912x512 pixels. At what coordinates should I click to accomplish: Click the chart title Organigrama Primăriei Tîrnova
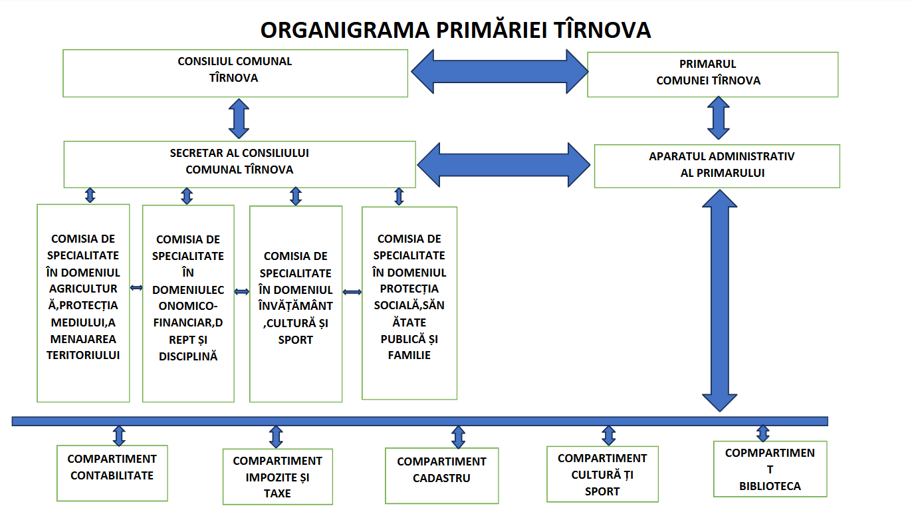[455, 31]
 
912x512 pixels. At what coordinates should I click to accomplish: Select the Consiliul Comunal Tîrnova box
[235, 73]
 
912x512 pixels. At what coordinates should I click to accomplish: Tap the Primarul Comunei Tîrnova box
[713, 74]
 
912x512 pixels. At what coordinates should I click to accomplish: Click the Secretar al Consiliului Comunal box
[239, 164]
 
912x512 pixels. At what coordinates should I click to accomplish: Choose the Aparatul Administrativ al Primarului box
[717, 166]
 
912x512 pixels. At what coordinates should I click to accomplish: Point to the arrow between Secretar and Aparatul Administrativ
[504, 164]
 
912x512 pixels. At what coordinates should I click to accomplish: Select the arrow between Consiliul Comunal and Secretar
[239, 118]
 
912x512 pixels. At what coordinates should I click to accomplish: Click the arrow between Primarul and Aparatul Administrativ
[718, 117]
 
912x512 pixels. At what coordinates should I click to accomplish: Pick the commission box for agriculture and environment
[83, 303]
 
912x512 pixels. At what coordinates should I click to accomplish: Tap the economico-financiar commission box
[188, 303]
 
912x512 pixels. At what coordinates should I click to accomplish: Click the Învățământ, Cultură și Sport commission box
[296, 303]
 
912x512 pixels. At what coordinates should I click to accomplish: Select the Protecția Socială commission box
[409, 303]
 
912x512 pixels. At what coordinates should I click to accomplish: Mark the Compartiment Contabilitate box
[112, 472]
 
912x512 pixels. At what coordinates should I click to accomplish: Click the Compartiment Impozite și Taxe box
[277, 476]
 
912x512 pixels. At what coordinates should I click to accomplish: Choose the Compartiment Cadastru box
[441, 475]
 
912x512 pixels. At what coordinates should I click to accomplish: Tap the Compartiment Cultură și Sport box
[602, 473]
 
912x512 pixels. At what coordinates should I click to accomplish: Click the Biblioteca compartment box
[770, 469]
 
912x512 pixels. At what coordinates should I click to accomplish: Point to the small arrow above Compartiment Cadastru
[458, 437]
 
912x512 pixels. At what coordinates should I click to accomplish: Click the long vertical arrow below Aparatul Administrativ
[719, 299]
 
